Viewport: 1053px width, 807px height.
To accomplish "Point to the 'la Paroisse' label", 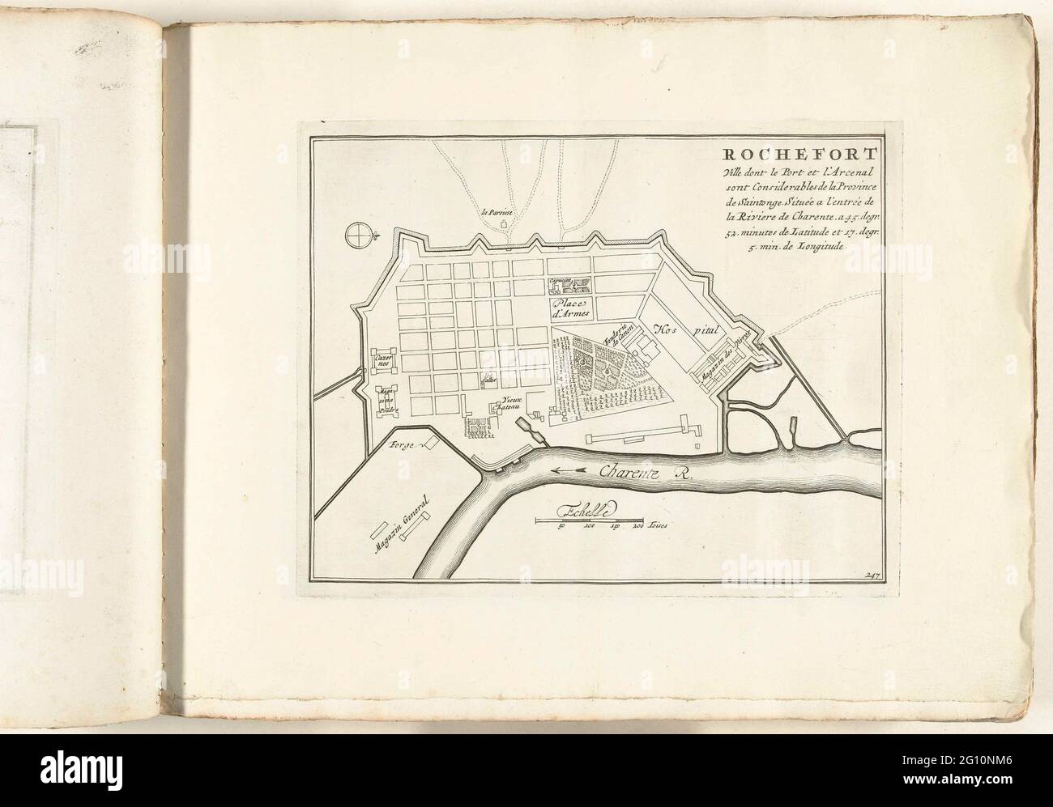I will coord(497,213).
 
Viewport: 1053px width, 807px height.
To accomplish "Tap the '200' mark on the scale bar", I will coord(637,525).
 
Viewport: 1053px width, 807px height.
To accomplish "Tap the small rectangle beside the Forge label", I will coord(432,444).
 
